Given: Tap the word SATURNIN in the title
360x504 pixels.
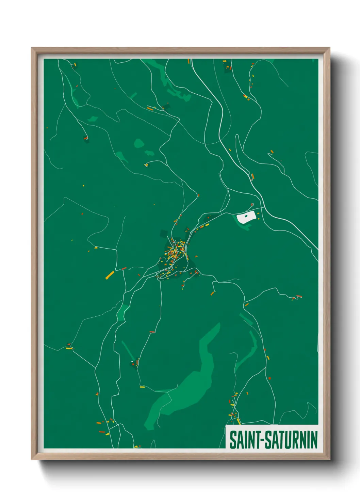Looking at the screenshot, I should (x=291, y=440).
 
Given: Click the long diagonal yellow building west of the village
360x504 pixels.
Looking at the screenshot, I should (x=110, y=275).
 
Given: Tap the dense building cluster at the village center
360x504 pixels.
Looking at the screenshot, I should (x=174, y=252).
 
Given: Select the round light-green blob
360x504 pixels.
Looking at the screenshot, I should (x=138, y=143).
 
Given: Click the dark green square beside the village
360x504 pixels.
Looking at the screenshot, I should (x=164, y=234).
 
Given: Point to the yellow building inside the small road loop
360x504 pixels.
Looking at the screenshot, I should (x=147, y=165).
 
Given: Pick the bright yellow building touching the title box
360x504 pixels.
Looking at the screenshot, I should (x=239, y=422).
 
